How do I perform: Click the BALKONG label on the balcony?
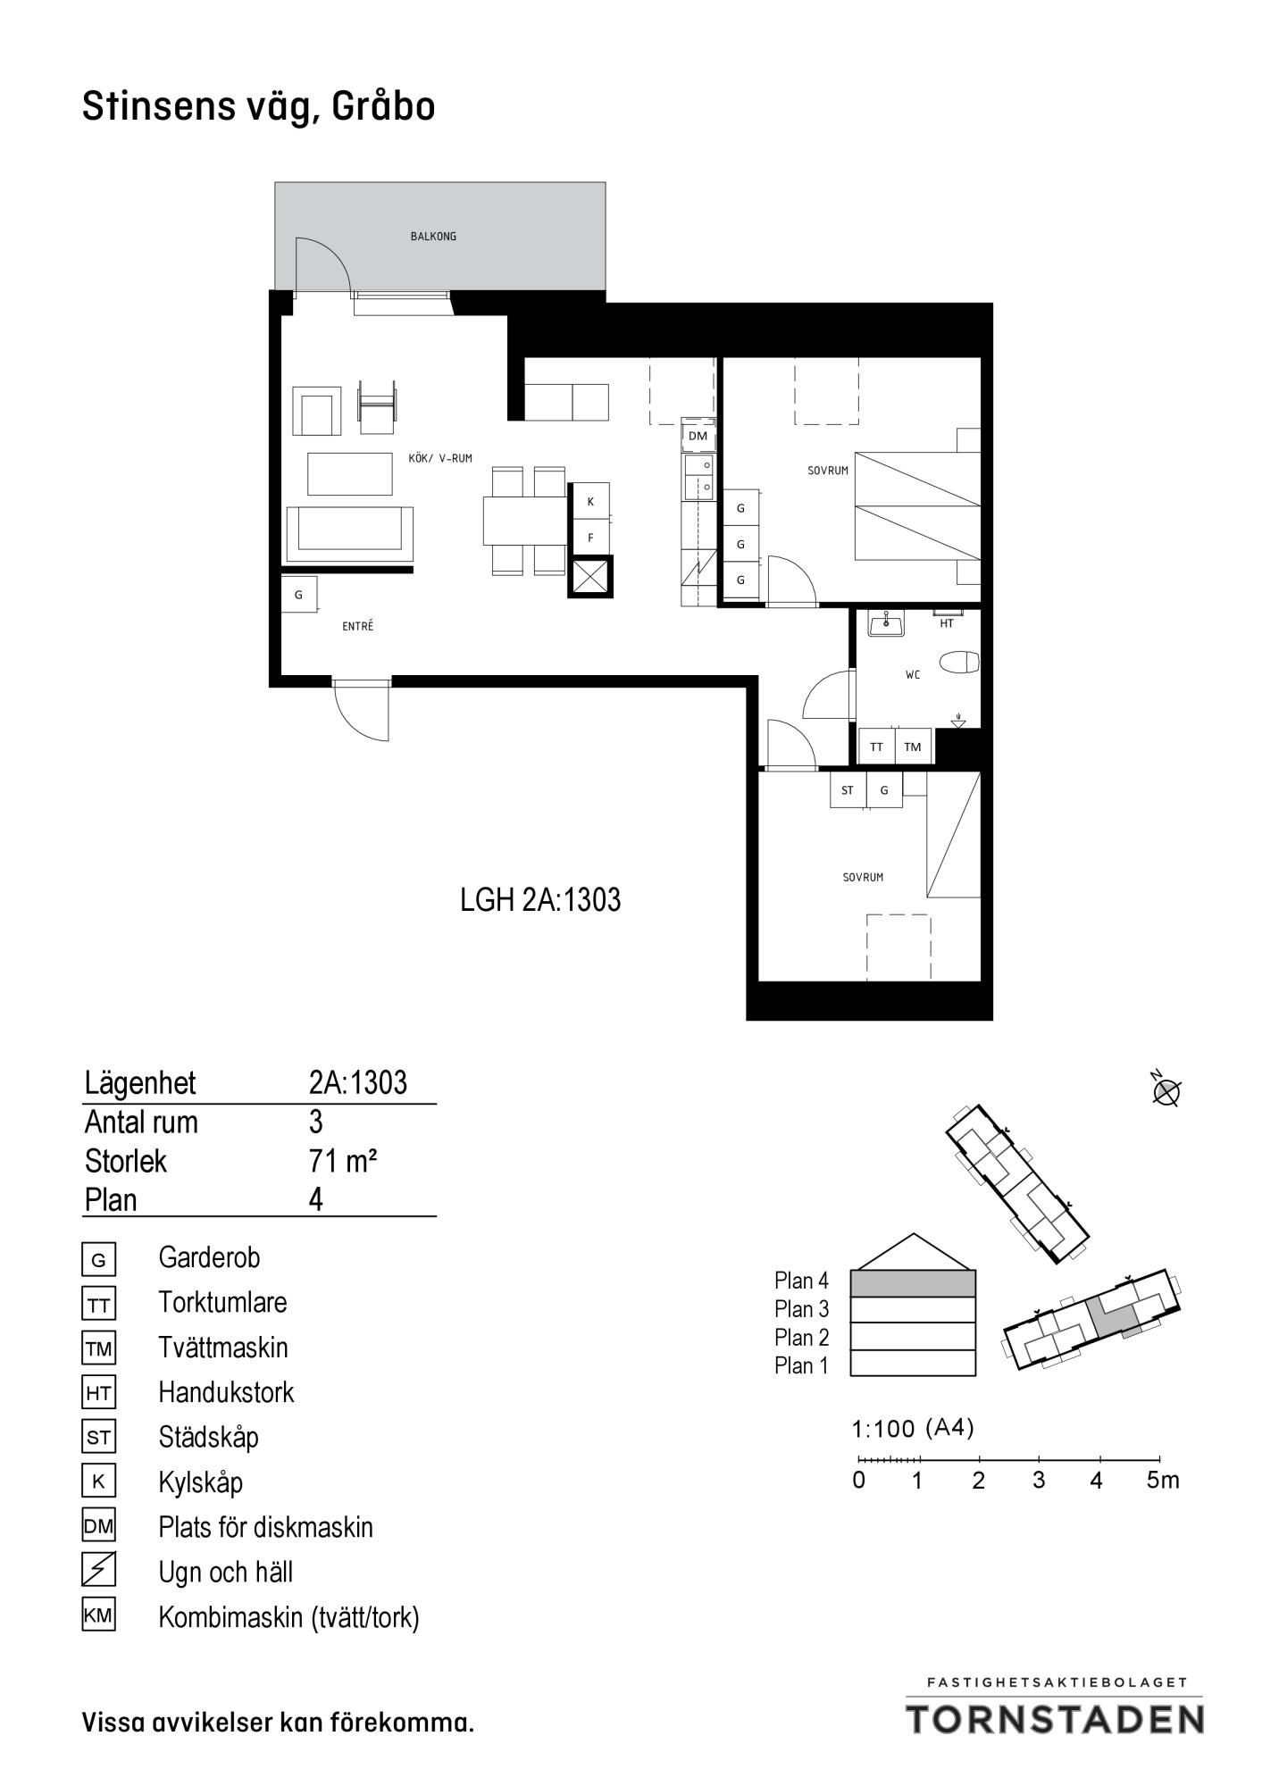(433, 237)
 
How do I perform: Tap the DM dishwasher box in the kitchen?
(698, 436)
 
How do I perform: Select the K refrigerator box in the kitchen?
(590, 502)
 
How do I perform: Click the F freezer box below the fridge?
(590, 538)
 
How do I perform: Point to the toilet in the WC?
(960, 662)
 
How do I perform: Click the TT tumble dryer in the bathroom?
(876, 747)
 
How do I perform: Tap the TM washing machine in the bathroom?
(913, 747)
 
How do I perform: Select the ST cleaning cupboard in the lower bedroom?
(848, 790)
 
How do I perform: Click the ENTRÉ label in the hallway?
(357, 627)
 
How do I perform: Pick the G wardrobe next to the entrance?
(299, 594)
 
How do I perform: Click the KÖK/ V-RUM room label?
(440, 458)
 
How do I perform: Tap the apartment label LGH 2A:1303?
(540, 899)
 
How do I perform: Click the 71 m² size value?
(343, 1161)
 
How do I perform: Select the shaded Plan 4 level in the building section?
(913, 1283)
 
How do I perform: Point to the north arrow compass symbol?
(1166, 1090)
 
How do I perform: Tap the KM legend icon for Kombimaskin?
(98, 1615)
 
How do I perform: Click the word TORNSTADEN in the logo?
(1056, 1718)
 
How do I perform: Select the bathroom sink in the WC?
(886, 623)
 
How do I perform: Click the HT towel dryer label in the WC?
(947, 624)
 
